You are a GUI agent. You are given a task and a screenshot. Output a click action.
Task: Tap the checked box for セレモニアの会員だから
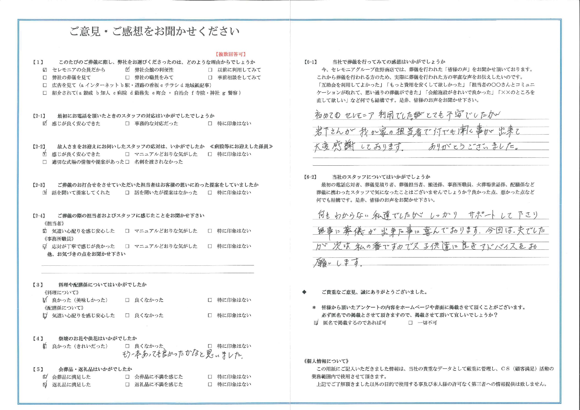pos(45,70)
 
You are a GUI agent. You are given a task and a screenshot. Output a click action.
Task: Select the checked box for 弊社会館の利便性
pos(128,70)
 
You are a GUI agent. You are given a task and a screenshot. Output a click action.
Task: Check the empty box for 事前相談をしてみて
pos(210,78)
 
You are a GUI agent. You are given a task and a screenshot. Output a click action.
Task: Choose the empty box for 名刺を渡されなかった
pos(128,162)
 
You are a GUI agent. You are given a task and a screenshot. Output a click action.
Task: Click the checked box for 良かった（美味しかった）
pos(45,300)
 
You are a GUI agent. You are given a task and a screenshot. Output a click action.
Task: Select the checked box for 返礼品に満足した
pos(45,385)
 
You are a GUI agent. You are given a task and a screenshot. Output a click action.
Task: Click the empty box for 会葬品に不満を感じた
pos(128,377)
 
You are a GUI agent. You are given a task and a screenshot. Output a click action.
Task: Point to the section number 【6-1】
pos(310,62)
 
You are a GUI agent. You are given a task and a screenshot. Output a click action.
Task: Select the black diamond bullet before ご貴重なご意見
pos(304,292)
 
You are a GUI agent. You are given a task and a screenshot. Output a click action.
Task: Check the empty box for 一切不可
pos(411,323)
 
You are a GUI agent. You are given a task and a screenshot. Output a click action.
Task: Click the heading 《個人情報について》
pos(327,361)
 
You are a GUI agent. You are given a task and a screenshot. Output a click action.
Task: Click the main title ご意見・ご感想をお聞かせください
pos(154,32)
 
